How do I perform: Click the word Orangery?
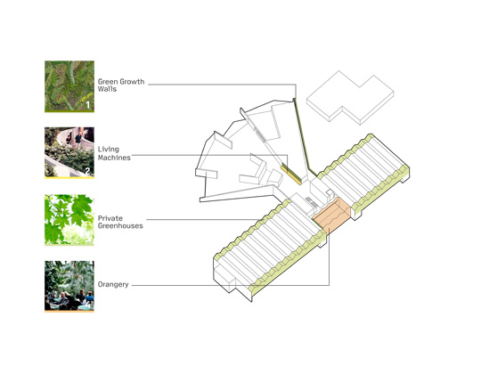113,285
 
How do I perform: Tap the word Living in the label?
109,150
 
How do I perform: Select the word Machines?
114,158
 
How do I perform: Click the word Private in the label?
110,218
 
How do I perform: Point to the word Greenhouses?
120,226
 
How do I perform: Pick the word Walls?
107,89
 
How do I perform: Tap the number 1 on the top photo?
87,105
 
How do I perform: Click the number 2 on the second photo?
87,171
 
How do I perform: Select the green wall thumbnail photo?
69,86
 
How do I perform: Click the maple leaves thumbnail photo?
69,220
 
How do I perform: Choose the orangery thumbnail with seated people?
69,287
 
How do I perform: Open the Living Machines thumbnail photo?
69,152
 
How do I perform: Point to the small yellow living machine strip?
290,175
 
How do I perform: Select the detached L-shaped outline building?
350,97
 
